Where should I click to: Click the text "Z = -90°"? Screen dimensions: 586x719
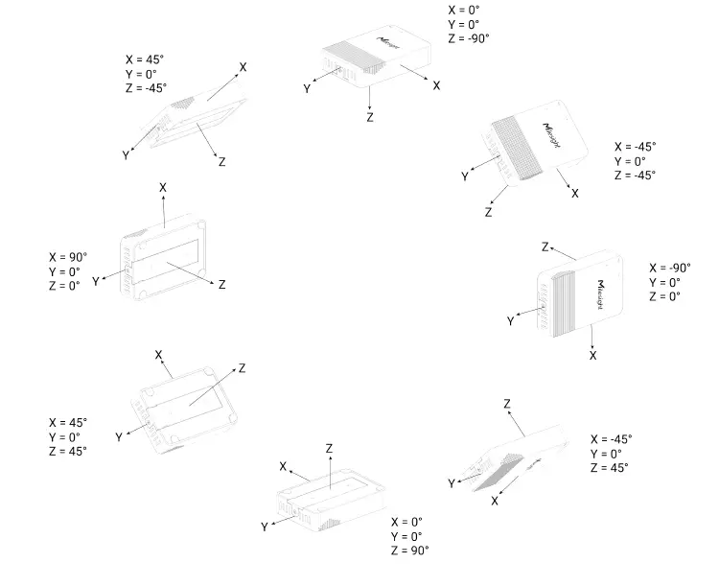(x=469, y=38)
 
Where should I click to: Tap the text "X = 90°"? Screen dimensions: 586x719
(x=68, y=257)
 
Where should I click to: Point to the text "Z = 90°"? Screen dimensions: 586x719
(x=409, y=550)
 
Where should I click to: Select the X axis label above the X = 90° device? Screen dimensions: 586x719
(x=163, y=188)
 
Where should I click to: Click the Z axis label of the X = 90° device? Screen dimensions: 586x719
(x=222, y=285)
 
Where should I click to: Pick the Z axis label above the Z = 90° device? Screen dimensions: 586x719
(x=329, y=448)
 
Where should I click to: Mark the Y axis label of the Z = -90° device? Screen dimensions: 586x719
(x=307, y=88)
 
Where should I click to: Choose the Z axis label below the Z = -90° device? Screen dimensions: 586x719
(x=370, y=117)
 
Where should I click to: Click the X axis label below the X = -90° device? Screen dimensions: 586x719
(x=593, y=355)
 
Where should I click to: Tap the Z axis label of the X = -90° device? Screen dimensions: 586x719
(x=545, y=247)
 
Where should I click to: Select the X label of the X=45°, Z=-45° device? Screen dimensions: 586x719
(x=243, y=67)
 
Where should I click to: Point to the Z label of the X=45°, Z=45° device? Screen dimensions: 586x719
(x=242, y=368)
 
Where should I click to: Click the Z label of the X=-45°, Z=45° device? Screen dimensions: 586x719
(x=506, y=404)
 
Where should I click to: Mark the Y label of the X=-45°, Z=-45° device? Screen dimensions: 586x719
(x=465, y=176)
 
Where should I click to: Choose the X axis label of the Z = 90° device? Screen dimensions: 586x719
(x=284, y=466)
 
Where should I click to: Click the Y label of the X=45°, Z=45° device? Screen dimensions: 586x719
(x=119, y=436)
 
